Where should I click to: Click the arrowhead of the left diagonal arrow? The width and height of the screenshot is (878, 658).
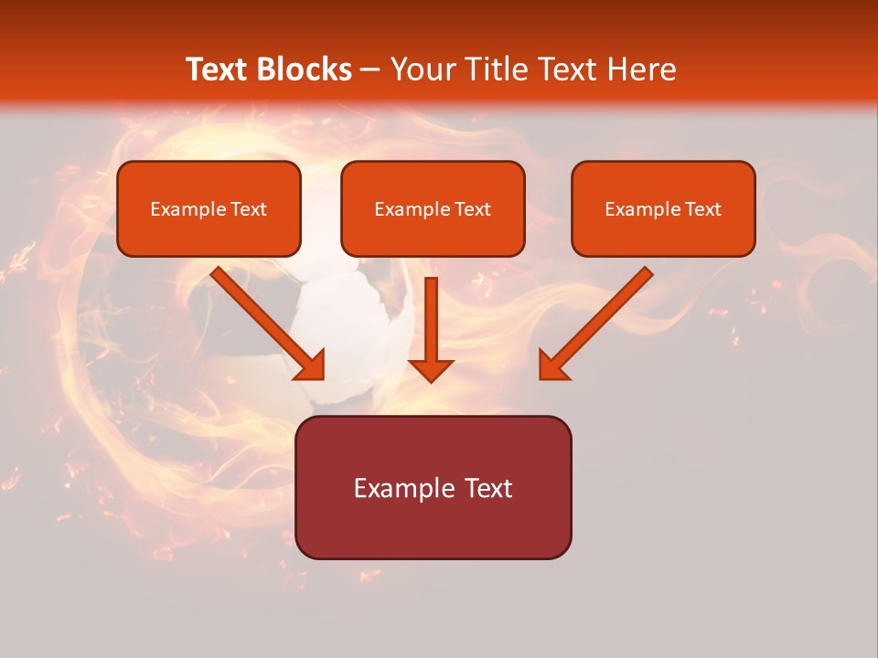(x=311, y=366)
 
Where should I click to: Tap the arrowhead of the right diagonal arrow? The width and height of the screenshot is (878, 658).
(x=551, y=366)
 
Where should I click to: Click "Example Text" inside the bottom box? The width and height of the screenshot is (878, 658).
(x=433, y=488)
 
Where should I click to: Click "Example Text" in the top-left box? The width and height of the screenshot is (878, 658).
(x=209, y=209)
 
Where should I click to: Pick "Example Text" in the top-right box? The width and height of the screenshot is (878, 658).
(x=663, y=209)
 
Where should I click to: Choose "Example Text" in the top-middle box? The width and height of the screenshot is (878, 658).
(x=433, y=209)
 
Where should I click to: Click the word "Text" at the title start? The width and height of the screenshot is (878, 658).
(x=218, y=69)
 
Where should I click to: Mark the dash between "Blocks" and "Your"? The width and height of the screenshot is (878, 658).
(x=370, y=69)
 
